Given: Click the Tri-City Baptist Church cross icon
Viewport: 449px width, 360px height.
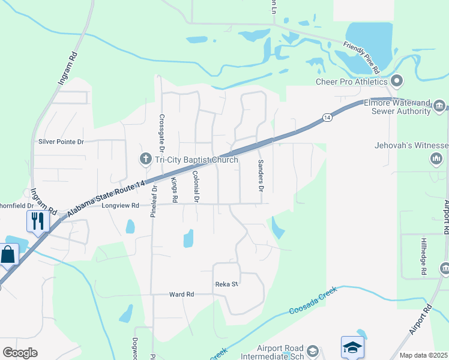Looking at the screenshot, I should pos(145,160).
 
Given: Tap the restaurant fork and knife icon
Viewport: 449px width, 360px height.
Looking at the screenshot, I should pos(37,221).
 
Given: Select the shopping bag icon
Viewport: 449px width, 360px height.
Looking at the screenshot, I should pos(8,254).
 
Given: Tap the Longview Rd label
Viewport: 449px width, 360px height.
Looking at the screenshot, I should pos(121,205).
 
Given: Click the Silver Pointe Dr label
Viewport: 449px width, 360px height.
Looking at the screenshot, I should pos(61,142).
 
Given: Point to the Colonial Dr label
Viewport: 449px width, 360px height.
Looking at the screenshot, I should pos(196,185).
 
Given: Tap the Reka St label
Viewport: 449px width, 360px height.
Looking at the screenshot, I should pos(227,284).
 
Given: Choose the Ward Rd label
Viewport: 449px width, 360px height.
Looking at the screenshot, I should pos(181,295).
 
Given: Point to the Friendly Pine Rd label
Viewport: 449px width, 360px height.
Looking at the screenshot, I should pos(361,57).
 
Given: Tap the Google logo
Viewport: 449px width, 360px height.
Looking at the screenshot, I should pos(20,352).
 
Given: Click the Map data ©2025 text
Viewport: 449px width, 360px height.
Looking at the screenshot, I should pos(423,355).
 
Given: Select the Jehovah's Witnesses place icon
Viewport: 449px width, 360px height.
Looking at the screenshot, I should pos(436,158).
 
